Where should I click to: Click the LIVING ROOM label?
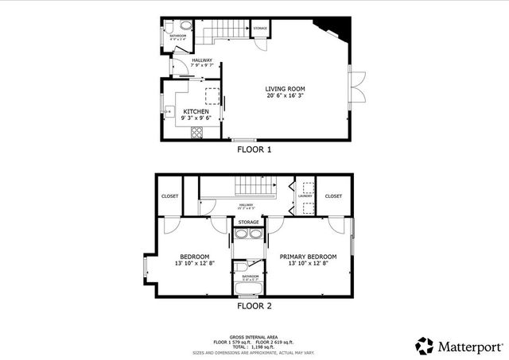point(285,88)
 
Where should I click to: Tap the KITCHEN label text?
point(196,112)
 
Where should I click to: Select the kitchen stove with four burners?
point(196,133)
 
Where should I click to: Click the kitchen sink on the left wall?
point(168,111)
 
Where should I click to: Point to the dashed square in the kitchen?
point(212,96)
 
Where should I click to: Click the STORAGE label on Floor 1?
point(259,29)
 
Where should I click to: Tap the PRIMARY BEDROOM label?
point(308,257)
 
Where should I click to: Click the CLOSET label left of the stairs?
point(170,196)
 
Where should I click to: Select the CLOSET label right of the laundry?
point(333,196)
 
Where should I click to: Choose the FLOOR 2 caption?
point(254,305)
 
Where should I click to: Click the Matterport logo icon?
point(425,345)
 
